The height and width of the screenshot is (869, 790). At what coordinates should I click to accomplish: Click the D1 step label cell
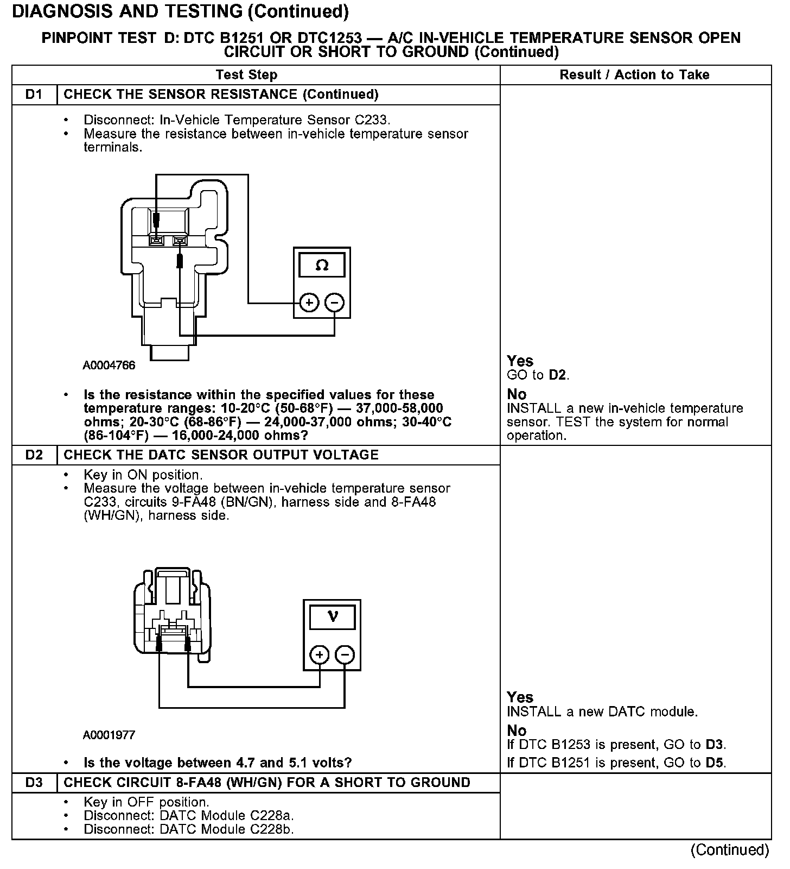tap(34, 95)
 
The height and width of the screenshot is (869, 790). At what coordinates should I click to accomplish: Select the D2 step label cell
tap(34, 455)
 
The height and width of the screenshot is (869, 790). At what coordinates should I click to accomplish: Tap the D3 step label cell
tap(34, 783)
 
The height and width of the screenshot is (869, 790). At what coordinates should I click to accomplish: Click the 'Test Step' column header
tap(246, 75)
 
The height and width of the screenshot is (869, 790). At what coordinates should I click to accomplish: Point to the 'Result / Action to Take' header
tap(634, 75)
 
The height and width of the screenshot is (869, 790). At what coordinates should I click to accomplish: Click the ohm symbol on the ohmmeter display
tap(322, 266)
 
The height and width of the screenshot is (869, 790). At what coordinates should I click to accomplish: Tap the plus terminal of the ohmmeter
tap(309, 303)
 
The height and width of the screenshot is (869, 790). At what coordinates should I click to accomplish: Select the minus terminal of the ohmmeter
tap(334, 303)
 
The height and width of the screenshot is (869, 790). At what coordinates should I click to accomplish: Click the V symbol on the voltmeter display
tap(333, 616)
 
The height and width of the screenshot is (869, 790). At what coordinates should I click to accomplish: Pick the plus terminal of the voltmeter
tap(320, 655)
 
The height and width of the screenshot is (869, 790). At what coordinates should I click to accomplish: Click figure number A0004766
tap(109, 366)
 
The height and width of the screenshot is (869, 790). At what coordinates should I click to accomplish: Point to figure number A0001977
tap(109, 735)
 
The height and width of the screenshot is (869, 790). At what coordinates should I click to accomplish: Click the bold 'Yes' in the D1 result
tap(520, 361)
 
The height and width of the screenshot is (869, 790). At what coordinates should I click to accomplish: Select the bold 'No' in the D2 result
tap(517, 731)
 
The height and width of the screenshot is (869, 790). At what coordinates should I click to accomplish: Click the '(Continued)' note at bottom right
tap(729, 850)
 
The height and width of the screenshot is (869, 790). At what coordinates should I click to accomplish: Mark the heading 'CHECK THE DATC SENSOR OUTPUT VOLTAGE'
tap(221, 455)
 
